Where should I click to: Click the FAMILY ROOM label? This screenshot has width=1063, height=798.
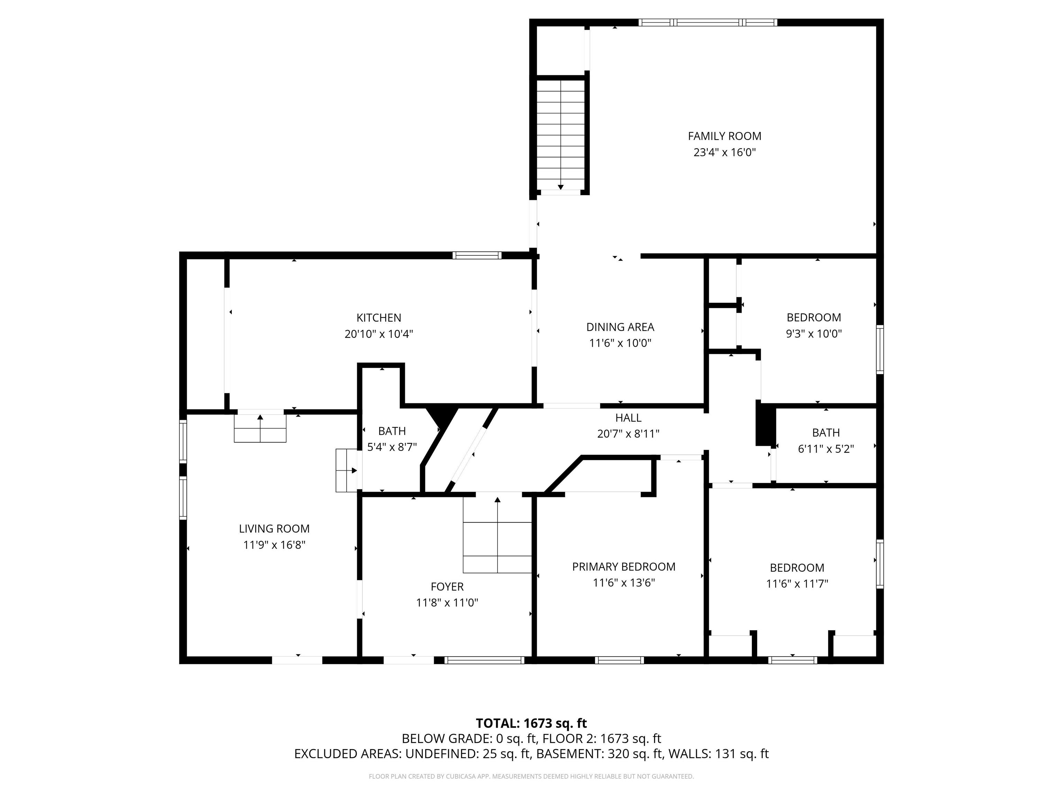pos(724,136)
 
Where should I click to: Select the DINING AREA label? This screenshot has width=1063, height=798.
pos(620,327)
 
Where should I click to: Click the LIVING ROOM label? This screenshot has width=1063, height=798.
pos(274,529)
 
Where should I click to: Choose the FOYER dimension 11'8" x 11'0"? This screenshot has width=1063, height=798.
pos(447,603)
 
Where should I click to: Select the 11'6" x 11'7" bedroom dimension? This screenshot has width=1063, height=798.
pos(797,584)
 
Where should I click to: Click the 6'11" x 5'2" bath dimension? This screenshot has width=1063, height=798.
pos(826,449)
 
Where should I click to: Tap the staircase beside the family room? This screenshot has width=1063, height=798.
pos(560,135)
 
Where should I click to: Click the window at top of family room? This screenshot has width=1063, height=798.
pos(708,22)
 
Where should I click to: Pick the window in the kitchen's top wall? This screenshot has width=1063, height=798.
pos(477,255)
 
